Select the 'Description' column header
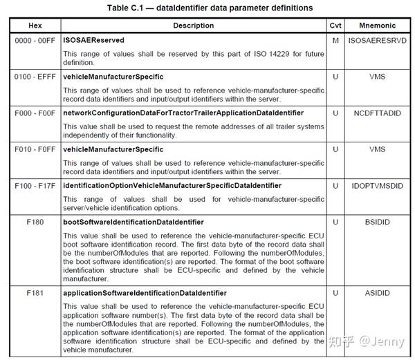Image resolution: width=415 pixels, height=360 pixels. click(x=193, y=25)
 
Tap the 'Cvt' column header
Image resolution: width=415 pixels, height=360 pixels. click(x=335, y=25)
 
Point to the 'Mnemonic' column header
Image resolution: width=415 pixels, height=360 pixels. click(x=378, y=25)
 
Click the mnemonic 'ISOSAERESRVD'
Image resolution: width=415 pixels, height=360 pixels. click(x=378, y=40)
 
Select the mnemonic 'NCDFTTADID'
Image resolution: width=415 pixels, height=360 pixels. click(x=378, y=112)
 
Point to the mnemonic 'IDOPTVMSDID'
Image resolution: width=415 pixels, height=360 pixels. click(x=378, y=185)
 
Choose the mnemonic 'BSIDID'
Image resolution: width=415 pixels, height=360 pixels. click(x=378, y=222)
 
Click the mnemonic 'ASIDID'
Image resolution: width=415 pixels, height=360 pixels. click(x=378, y=293)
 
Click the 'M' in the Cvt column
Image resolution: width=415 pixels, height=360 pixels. click(x=335, y=40)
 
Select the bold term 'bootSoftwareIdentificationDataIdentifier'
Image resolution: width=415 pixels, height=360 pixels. click(x=133, y=222)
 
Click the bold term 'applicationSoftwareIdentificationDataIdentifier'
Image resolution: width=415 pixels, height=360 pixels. click(x=145, y=293)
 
